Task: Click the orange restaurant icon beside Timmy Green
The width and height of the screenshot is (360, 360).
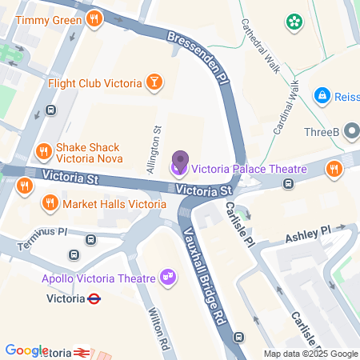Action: (x=94, y=19)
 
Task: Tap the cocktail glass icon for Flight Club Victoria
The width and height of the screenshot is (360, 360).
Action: (x=154, y=82)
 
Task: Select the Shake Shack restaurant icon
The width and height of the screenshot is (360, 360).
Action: (x=44, y=150)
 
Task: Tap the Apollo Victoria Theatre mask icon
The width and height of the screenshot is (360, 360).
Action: (x=168, y=277)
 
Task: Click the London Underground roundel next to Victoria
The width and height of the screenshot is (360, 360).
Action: (x=94, y=299)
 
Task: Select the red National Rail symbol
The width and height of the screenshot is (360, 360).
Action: (x=81, y=352)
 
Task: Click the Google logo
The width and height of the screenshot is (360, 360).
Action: (x=26, y=350)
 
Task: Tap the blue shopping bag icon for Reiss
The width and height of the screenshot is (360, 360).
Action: (x=323, y=95)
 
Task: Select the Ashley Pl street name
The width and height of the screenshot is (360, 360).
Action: (x=308, y=234)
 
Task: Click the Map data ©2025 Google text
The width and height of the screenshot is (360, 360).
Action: (x=311, y=354)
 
